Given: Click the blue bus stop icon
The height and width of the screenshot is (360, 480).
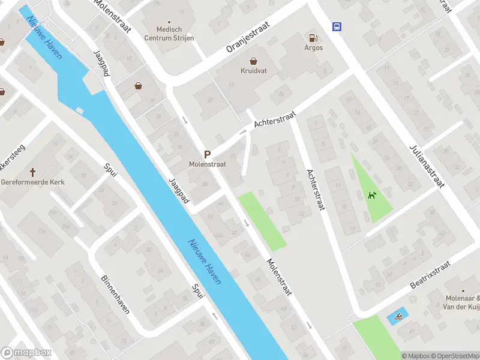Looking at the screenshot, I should click(x=337, y=26).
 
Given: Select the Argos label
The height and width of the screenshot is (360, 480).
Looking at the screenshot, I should click(x=313, y=48).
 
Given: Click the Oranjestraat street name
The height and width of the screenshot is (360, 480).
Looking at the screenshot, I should click(x=248, y=38).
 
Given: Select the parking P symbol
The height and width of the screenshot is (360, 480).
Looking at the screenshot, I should click(x=207, y=154).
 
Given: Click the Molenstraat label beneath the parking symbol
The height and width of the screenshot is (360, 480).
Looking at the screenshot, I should click(x=206, y=163).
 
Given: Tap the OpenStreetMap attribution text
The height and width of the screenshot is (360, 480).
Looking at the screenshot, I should click(x=457, y=356).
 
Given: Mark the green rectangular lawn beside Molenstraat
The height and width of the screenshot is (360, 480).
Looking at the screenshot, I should click(x=262, y=221).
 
